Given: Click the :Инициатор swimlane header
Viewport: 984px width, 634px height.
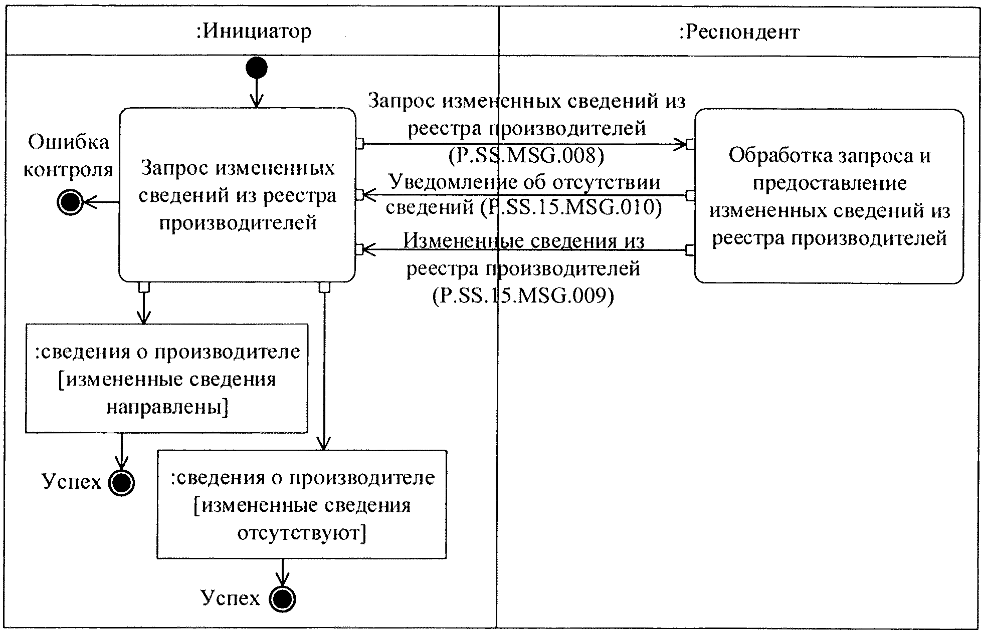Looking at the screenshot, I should click(254, 32).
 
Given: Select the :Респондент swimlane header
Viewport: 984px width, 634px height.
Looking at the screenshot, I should click(739, 32).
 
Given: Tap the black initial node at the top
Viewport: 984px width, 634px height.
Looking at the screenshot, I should click(256, 68).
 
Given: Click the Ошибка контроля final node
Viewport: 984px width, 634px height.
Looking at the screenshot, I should click(70, 202).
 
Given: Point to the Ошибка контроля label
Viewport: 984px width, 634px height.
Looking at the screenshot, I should click(68, 156).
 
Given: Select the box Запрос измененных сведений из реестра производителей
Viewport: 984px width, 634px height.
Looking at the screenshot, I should click(237, 195).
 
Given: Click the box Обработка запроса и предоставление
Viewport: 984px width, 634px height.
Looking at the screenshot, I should click(829, 196).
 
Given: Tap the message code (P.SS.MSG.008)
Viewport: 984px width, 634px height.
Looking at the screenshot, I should click(526, 156).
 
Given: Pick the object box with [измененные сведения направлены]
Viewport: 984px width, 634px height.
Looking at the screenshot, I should click(166, 379).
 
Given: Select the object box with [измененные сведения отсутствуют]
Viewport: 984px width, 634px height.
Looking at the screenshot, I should click(301, 505).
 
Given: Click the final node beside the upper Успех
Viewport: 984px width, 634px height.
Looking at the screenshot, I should click(121, 483).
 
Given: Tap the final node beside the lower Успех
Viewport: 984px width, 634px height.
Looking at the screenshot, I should click(282, 599).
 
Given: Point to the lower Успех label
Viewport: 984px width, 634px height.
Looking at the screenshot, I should click(231, 598).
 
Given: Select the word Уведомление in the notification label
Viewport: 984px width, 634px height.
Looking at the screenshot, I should click(442, 181).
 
